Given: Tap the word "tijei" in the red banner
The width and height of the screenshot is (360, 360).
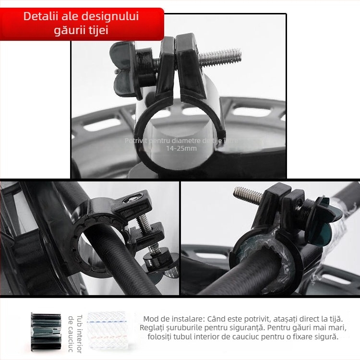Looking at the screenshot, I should point(97,30).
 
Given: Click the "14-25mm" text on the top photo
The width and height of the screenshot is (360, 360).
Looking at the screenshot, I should point(181,148).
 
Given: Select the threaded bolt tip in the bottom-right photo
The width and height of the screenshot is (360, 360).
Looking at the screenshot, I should point(245,194).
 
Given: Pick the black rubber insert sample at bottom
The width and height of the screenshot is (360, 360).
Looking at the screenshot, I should point(46,331).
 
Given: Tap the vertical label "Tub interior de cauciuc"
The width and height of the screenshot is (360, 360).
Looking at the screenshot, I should point(76,333).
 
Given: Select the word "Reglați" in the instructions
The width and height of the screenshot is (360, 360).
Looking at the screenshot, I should point(153,328).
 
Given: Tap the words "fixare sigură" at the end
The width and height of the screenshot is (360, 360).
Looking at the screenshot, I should point(316,337).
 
